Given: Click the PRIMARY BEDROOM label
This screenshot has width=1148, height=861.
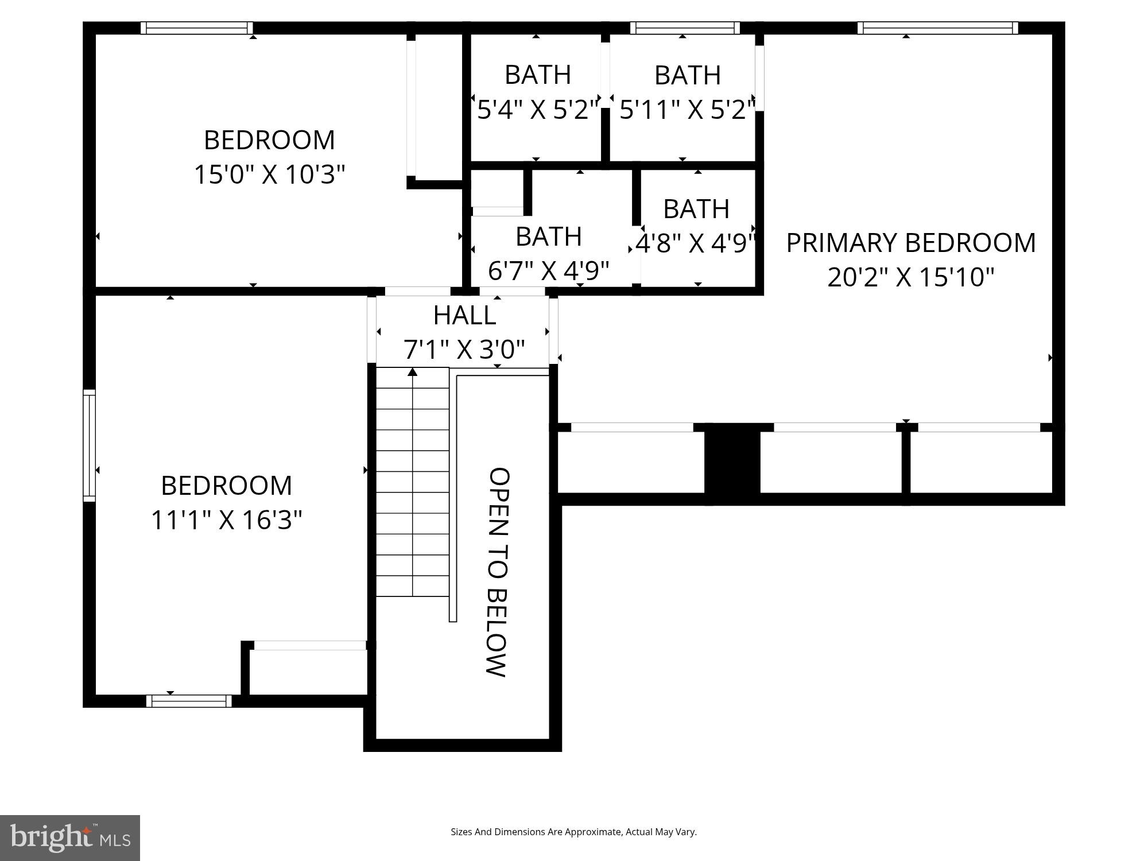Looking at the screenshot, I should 910,243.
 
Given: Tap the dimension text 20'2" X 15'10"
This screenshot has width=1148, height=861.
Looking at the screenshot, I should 910,277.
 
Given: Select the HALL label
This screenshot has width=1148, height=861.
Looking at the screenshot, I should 464,315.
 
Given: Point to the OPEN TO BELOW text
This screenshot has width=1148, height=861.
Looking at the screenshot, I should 498,572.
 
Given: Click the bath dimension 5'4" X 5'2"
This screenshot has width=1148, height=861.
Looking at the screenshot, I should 538,109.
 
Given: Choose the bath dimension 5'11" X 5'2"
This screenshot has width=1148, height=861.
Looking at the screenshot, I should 687,109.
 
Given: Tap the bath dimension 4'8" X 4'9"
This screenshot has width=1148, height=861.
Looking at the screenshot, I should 696,243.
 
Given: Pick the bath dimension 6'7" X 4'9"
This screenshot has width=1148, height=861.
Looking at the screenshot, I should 548,270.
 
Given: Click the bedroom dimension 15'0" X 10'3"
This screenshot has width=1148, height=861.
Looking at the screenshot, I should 269,174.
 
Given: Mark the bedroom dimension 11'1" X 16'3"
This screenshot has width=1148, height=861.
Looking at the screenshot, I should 226,520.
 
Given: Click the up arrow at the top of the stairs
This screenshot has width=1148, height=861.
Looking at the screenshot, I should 412,373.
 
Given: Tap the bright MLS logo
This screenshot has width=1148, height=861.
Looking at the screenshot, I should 69,837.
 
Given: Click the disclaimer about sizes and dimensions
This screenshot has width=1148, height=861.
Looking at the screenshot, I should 573,832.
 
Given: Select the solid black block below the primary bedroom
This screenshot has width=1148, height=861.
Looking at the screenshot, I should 732,463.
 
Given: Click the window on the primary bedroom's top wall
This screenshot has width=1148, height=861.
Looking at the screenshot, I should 937,28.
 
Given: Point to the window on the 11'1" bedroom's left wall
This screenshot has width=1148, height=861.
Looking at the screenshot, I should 89,445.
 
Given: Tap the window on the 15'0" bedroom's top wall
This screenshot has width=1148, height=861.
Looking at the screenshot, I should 196,28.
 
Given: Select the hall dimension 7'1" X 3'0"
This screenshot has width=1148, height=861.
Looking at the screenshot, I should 464,349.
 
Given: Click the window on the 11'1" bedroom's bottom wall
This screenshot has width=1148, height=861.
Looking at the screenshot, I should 189,700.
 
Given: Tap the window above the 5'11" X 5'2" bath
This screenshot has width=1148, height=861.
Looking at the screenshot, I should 684,28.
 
